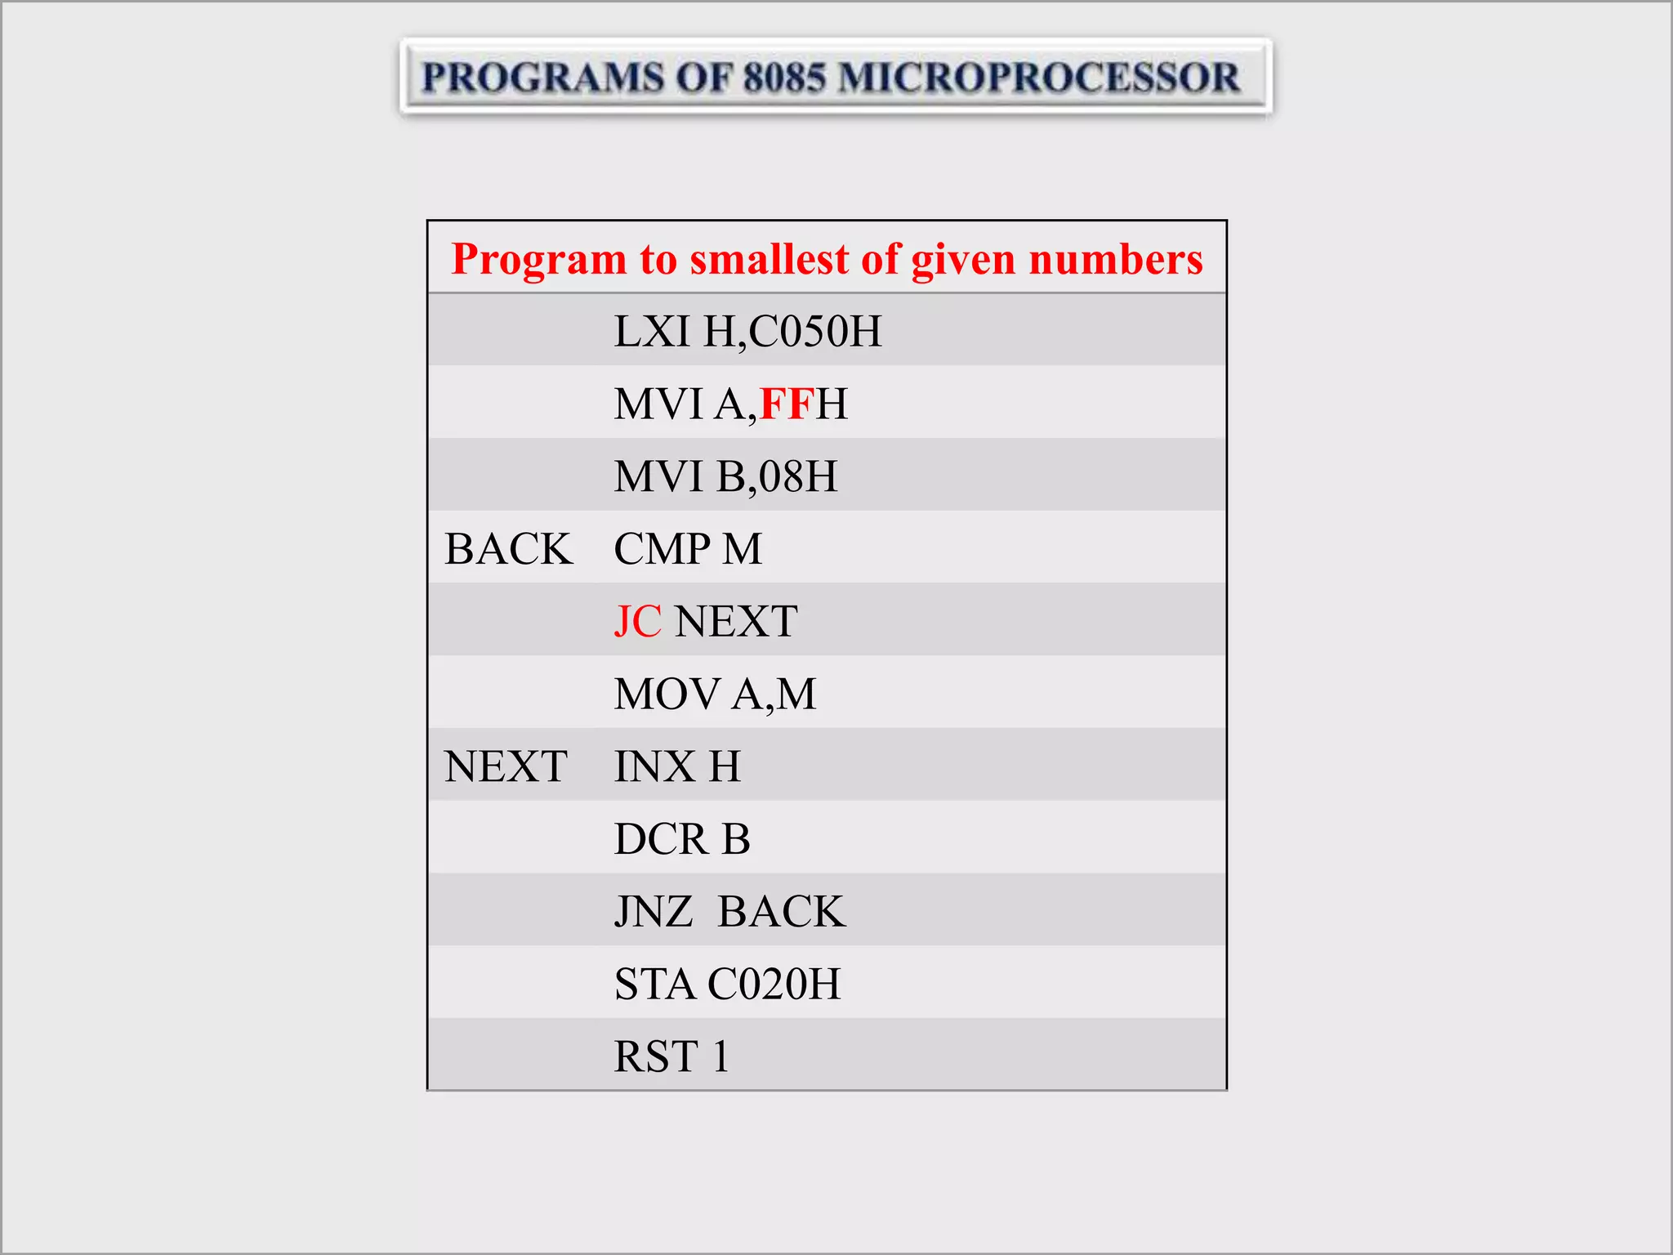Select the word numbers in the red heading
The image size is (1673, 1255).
point(1115,259)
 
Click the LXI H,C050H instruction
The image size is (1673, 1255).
point(747,332)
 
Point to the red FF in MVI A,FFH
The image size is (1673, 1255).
point(787,404)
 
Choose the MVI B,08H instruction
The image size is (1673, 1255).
point(725,476)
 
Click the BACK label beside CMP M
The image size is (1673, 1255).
point(508,549)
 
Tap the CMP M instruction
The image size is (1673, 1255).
point(688,549)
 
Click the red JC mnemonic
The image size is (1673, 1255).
point(637,622)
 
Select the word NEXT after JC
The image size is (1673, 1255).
point(736,622)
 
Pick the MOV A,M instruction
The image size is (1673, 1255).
point(715,694)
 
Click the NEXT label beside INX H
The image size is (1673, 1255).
point(506,766)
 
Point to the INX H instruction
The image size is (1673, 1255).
point(677,766)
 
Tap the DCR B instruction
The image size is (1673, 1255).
point(682,839)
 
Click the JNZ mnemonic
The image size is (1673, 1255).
point(654,912)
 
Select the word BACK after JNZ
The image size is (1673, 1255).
point(782,912)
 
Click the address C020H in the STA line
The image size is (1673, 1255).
point(774,984)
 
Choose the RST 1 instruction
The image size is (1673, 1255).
point(671,1056)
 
